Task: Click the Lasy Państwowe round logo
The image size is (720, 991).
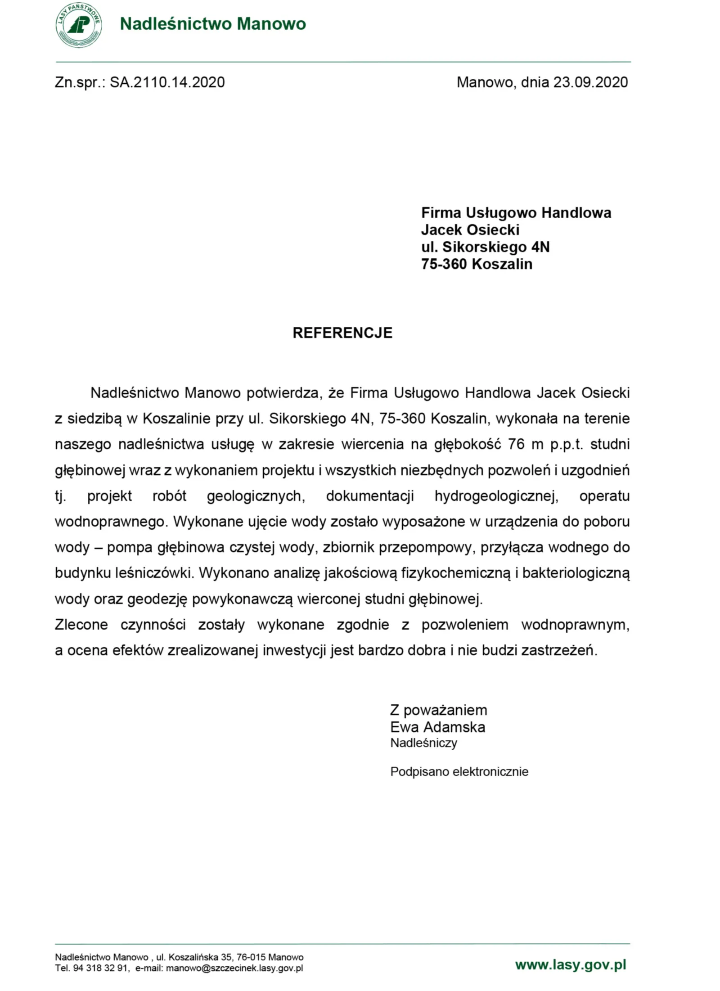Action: (x=78, y=25)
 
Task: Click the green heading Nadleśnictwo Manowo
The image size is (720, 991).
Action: (x=212, y=24)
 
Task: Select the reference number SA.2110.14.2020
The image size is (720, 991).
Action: (x=167, y=82)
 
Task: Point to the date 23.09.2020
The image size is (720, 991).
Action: (x=590, y=82)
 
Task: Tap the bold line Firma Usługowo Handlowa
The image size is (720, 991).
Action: (x=516, y=213)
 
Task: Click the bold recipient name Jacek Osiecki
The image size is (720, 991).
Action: (x=470, y=230)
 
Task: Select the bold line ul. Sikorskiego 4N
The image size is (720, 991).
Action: (x=485, y=247)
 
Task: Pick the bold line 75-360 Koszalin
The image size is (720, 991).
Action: (x=476, y=264)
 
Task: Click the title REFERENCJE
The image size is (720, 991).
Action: (x=342, y=333)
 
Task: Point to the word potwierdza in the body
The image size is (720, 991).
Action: (x=283, y=393)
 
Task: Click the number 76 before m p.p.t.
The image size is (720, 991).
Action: (x=516, y=445)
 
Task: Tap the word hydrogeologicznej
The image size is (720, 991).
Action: (x=496, y=496)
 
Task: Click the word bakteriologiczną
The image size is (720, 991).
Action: (x=576, y=573)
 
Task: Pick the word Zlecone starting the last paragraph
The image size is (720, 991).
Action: (x=81, y=625)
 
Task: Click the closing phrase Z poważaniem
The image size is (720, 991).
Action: (x=438, y=711)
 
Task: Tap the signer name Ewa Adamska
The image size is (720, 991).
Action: (x=437, y=727)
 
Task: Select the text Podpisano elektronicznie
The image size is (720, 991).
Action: (x=459, y=772)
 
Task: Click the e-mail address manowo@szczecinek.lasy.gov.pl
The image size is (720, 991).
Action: (x=234, y=968)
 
